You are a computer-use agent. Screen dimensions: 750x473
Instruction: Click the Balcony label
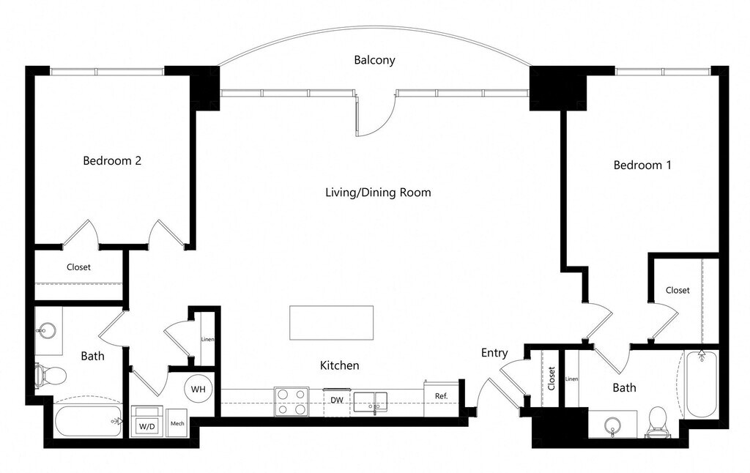click(x=374, y=60)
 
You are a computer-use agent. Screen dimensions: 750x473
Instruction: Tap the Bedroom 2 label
click(x=112, y=160)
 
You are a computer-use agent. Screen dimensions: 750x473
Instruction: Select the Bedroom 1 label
click(x=642, y=165)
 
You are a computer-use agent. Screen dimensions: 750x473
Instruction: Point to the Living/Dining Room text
click(x=378, y=193)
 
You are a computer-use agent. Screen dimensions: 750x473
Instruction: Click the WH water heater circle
click(x=198, y=390)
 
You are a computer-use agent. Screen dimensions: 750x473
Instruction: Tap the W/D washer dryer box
click(x=147, y=421)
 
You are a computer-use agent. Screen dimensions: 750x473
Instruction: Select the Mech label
click(x=177, y=423)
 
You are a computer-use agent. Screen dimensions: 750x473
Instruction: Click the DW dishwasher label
click(x=337, y=400)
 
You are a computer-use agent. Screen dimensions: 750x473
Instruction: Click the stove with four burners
click(x=292, y=402)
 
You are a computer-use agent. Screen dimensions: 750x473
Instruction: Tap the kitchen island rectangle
click(x=331, y=323)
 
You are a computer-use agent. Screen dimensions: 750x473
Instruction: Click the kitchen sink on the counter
click(x=370, y=403)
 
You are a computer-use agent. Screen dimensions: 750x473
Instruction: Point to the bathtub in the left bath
click(x=88, y=421)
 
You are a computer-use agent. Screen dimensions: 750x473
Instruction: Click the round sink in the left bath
click(x=46, y=330)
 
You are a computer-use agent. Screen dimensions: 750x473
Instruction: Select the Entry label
click(x=494, y=353)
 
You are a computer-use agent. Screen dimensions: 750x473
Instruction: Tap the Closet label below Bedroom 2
click(x=78, y=267)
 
